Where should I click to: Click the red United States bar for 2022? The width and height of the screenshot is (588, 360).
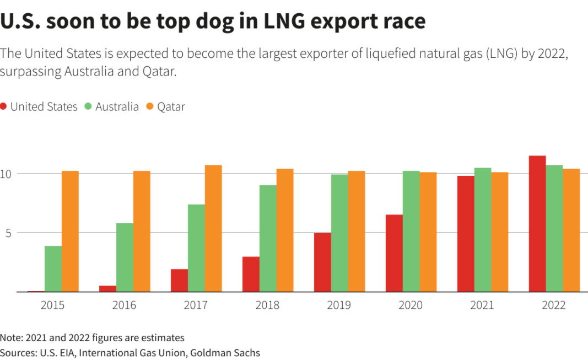coord(537,223)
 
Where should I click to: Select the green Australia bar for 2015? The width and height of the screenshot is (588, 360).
coord(53,268)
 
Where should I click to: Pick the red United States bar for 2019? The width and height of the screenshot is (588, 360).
coord(322,262)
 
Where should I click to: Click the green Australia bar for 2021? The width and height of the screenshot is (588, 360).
coord(483,229)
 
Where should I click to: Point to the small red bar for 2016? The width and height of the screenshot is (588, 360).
coord(124,288)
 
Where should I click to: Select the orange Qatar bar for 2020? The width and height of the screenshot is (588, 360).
coord(428,232)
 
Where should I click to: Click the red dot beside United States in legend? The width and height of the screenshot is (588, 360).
coord(4,107)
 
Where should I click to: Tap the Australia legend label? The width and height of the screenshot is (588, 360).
coord(117,107)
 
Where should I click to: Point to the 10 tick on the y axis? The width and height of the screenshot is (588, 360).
coord(6,174)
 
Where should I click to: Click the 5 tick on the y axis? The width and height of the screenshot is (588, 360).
coord(7,233)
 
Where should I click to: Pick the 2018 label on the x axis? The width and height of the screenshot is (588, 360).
coord(267,305)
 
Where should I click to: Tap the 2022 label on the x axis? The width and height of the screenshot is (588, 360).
coord(554,305)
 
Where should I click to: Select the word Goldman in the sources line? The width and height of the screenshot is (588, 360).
coord(213,352)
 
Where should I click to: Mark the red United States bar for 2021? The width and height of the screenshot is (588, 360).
coord(466,234)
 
